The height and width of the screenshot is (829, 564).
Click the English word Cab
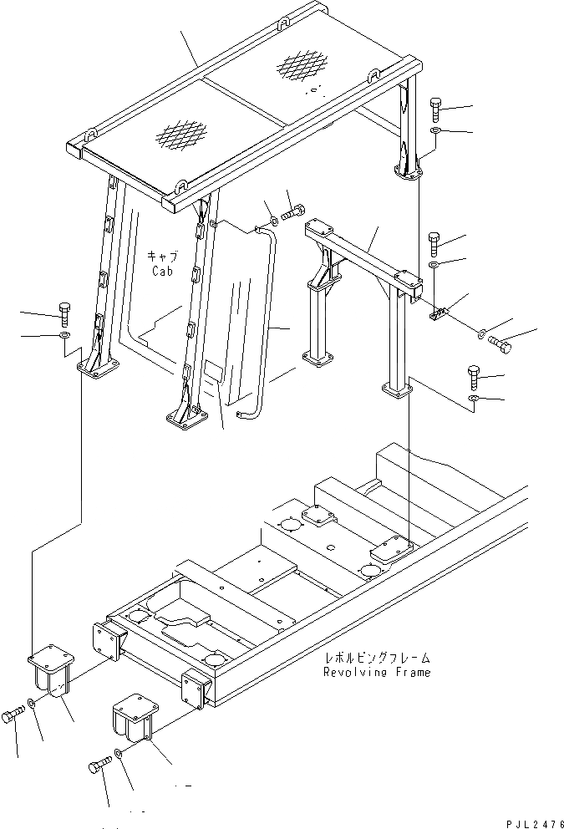162,272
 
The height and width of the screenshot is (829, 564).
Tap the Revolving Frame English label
378,673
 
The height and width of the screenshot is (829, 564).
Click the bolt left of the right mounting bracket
99,765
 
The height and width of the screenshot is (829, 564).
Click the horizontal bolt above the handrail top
294,213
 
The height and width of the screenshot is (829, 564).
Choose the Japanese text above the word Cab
162,257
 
